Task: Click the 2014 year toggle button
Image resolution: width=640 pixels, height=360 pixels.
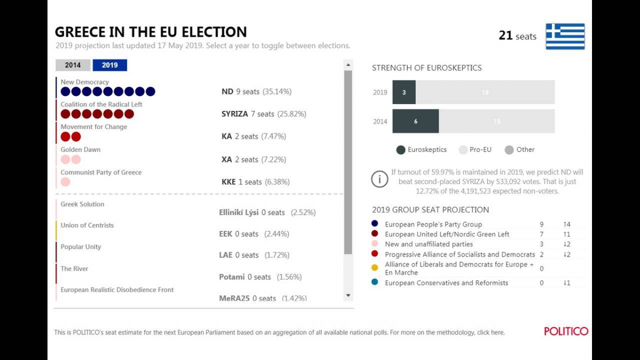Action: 73,65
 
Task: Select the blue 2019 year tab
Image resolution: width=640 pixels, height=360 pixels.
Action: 110,65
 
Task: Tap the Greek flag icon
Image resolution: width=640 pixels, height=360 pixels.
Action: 565,36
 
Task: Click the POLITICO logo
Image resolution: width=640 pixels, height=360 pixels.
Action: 566,331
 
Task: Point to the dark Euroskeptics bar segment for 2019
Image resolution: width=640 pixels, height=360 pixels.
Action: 404,92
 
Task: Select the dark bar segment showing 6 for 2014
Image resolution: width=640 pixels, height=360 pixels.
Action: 415,121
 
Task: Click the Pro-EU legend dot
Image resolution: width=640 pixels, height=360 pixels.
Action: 463,150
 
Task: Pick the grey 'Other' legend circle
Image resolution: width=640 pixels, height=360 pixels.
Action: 509,150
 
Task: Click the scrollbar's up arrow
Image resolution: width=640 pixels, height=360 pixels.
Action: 348,65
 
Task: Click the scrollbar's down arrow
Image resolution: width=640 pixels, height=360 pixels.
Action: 348,295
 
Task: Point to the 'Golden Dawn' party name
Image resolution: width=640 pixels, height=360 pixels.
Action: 81,150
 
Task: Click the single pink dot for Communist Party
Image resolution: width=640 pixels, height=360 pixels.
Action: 66,182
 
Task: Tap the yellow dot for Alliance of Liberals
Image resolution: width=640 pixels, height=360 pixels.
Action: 375,267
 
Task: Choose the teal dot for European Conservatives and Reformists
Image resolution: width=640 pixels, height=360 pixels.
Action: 375,283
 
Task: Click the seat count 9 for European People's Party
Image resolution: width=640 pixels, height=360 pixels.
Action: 541,225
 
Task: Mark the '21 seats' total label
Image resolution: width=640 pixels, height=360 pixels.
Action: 517,36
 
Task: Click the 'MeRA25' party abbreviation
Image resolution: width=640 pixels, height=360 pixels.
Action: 234,299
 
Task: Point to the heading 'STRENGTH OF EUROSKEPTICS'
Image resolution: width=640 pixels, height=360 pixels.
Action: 427,68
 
